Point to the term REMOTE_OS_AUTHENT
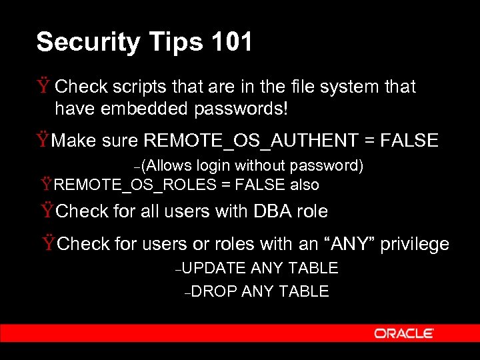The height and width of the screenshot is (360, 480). (251, 141)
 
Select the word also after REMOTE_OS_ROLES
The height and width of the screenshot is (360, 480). (303, 185)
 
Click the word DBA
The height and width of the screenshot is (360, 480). (271, 211)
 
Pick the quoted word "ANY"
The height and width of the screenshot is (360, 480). (349, 244)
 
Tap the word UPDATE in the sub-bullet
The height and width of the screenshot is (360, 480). (214, 268)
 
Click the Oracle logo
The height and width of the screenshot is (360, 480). (403, 333)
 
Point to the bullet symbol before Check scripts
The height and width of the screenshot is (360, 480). (44, 87)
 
